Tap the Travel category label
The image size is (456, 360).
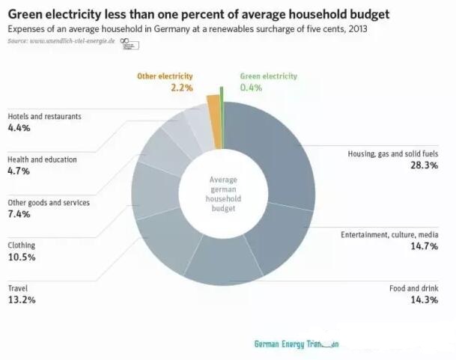click(x=18, y=287)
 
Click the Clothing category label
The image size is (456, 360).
click(x=22, y=245)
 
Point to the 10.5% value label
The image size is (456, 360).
click(x=22, y=257)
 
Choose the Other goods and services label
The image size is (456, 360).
click(x=49, y=202)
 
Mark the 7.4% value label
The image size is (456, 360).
click(x=19, y=214)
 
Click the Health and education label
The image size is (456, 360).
click(x=42, y=159)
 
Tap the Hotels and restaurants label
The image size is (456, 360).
click(x=44, y=117)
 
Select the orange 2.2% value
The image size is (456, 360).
click(x=181, y=88)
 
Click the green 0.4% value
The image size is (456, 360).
click(x=252, y=88)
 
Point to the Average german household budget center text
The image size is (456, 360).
click(x=223, y=195)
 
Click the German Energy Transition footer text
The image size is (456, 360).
click(x=297, y=344)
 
